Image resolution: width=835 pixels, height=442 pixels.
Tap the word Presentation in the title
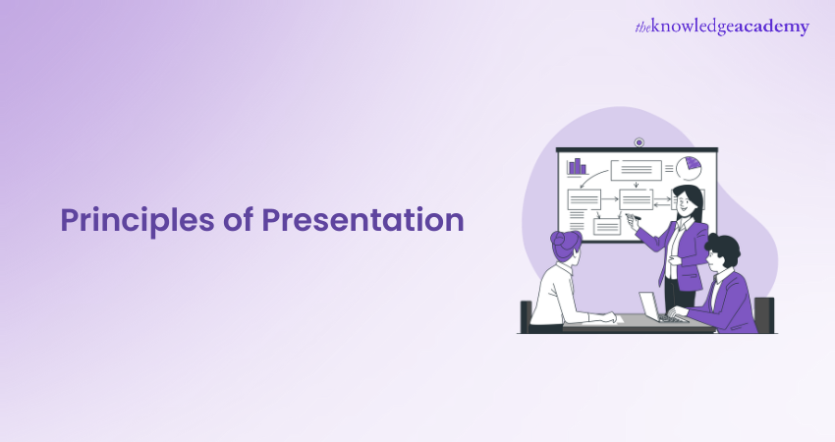pyautogui.click(x=362, y=221)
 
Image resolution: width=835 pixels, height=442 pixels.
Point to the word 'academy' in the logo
pyautogui.click(x=772, y=28)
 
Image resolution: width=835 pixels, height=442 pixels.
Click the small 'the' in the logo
pyautogui.click(x=644, y=27)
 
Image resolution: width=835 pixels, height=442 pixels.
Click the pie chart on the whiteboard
pyautogui.click(x=688, y=168)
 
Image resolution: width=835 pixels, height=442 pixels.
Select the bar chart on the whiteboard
pyautogui.click(x=577, y=166)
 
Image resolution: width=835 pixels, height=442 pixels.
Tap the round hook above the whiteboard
pyautogui.click(x=639, y=142)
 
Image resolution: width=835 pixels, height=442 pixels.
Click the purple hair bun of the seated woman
pyautogui.click(x=561, y=239)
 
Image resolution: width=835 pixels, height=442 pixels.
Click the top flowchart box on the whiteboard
pyautogui.click(x=636, y=170)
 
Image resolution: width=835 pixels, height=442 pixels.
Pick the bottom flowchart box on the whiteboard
pyautogui.click(x=606, y=226)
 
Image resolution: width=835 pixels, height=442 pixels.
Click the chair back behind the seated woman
pyautogui.click(x=527, y=314)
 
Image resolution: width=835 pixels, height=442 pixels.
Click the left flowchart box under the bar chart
pyautogui.click(x=584, y=199)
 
